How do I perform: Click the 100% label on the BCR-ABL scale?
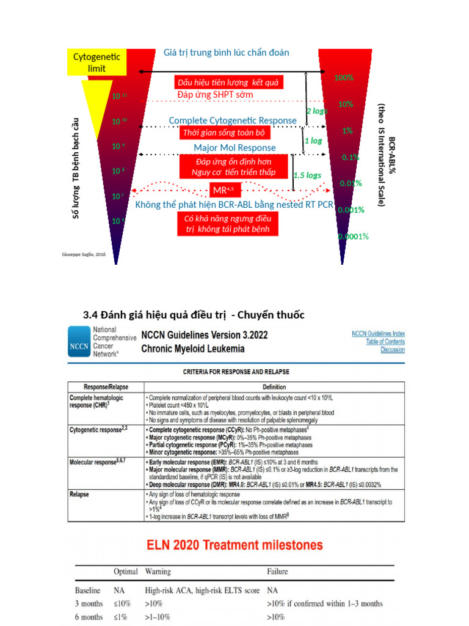tap(344, 78)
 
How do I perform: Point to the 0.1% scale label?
tap(350, 157)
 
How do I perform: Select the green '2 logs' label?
tap(317, 111)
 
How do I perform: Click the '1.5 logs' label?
tap(307, 175)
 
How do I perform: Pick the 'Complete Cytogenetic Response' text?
tap(233, 120)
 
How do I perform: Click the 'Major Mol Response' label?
tap(234, 148)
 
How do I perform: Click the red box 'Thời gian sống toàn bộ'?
tap(225, 133)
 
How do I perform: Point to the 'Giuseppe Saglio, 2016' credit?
tap(84, 254)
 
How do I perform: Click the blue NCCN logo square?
tap(79, 342)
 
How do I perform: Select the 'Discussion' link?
tap(392, 350)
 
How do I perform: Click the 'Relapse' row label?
tap(81, 493)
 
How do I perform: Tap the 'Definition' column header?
tap(274, 387)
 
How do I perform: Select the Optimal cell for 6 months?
tap(120, 617)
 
